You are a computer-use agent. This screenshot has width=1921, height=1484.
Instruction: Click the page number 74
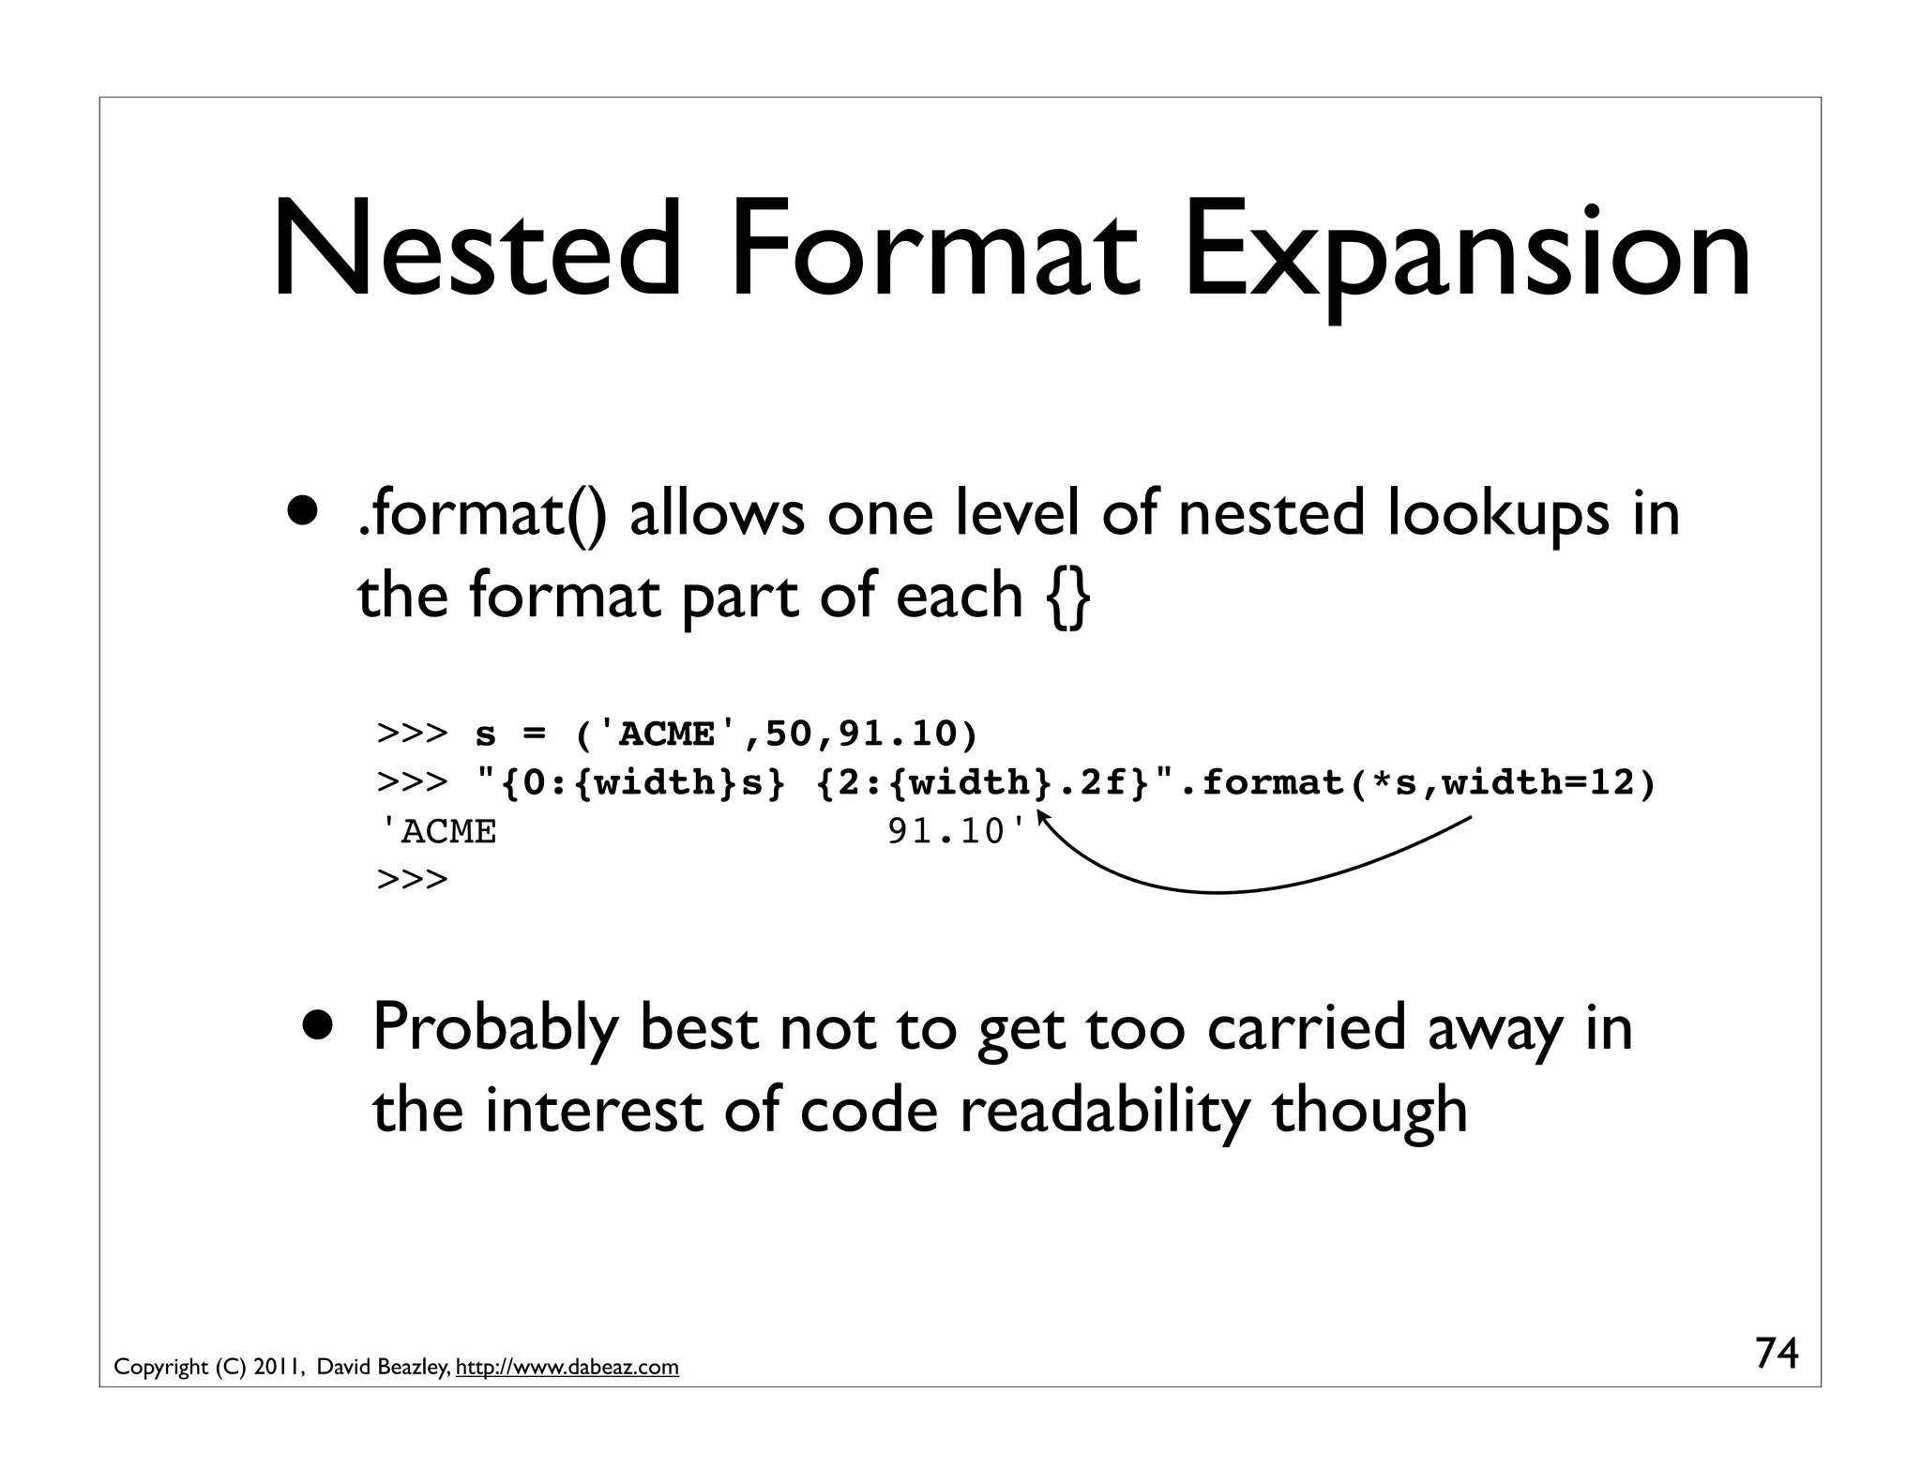tap(1777, 1354)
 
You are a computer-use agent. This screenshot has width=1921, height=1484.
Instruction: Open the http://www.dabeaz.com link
tap(567, 1368)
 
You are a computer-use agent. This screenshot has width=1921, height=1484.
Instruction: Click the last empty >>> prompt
tap(412, 880)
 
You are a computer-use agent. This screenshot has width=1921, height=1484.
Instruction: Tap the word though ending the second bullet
tap(1369, 1110)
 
